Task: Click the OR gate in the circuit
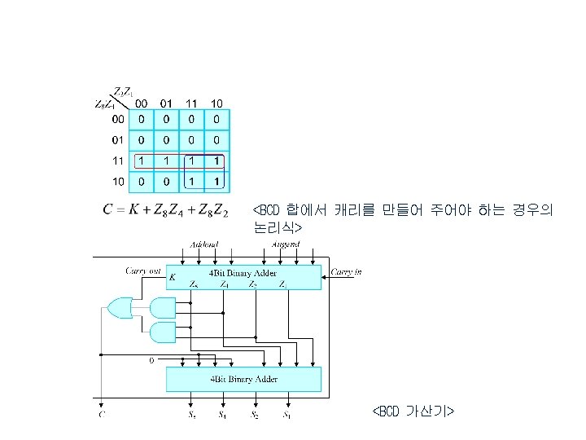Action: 119,307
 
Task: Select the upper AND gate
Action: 163,307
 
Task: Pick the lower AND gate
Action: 163,332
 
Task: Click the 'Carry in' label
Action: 346,272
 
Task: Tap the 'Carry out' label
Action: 142,270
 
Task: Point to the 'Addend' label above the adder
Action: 203,244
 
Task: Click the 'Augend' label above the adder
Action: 285,244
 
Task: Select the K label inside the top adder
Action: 173,277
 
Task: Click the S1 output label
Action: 286,416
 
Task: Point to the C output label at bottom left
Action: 101,416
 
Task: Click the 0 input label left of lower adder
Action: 151,360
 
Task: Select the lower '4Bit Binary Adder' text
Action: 244,379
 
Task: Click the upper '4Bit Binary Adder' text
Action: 244,272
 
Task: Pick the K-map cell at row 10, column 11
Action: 192,180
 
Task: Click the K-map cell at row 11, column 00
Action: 142,160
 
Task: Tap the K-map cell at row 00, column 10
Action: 217,119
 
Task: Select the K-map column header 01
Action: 166,103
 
